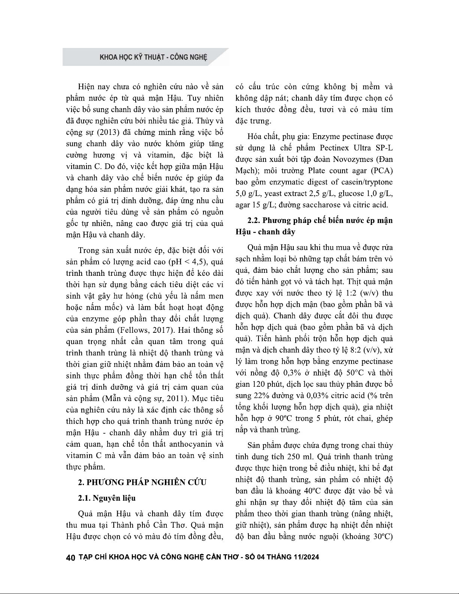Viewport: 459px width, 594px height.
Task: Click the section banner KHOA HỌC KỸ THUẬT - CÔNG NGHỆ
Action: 153,57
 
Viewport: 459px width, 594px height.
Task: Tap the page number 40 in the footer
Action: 71,558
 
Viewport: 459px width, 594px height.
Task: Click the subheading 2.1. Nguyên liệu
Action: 107,498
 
